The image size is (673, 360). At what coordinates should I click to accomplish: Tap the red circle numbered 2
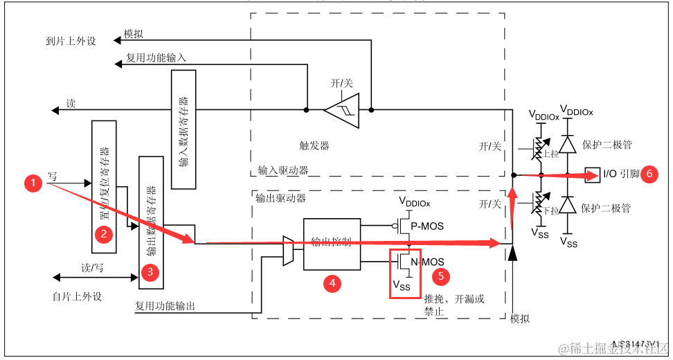pyautogui.click(x=104, y=234)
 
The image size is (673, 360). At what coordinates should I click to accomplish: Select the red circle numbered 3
pyautogui.click(x=150, y=272)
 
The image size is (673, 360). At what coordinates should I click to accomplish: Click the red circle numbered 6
pyautogui.click(x=649, y=174)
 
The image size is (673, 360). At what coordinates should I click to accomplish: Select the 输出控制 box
pyautogui.click(x=332, y=242)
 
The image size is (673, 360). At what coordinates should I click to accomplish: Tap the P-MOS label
pyautogui.click(x=427, y=226)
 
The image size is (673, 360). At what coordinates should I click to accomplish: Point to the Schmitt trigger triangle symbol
pyautogui.click(x=341, y=109)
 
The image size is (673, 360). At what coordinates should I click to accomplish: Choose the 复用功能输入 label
pyautogui.click(x=156, y=58)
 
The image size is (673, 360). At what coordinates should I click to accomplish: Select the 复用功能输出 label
pyautogui.click(x=165, y=305)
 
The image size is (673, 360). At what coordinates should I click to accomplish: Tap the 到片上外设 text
pyautogui.click(x=66, y=41)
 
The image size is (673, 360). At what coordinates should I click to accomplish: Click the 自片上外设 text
pyautogui.click(x=77, y=296)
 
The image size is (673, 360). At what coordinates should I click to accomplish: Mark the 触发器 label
pyautogui.click(x=315, y=145)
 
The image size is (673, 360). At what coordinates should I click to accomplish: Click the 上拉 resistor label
pyautogui.click(x=551, y=154)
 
